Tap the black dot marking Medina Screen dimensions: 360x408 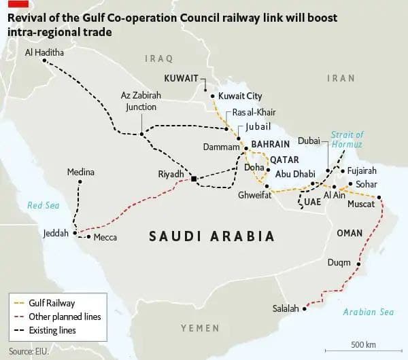80,182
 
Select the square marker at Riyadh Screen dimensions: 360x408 194,179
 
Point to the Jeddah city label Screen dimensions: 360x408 56,233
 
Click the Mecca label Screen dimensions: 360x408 105,237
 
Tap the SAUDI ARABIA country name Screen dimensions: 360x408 211,236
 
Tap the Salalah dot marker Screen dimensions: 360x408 305,309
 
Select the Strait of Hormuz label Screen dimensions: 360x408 346,140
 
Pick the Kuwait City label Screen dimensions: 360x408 239,96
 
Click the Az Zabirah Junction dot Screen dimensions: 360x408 141,134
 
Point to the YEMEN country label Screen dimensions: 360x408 200,328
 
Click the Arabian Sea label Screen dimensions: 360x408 369,312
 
